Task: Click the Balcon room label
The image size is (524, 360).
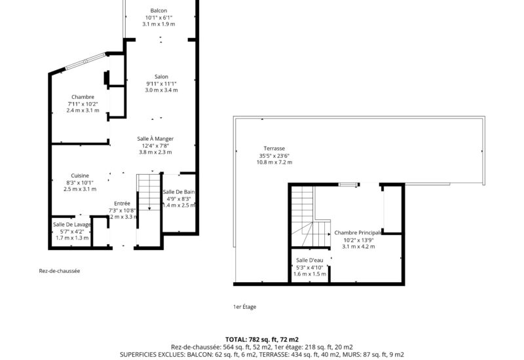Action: (159, 10)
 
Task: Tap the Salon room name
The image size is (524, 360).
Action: (161, 77)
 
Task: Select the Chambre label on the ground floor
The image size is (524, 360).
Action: (83, 97)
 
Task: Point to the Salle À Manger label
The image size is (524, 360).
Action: (155, 139)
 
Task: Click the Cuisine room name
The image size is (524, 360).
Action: (80, 175)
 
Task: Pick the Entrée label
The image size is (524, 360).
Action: (122, 203)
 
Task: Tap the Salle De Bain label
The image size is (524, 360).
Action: (179, 192)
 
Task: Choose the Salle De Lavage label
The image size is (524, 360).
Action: (72, 225)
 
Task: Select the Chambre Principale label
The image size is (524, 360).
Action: (358, 232)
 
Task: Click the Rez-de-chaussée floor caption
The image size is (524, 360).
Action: (59, 270)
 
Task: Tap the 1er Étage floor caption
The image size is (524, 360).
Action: (245, 306)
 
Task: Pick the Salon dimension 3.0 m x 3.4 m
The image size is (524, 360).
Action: (161, 90)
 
